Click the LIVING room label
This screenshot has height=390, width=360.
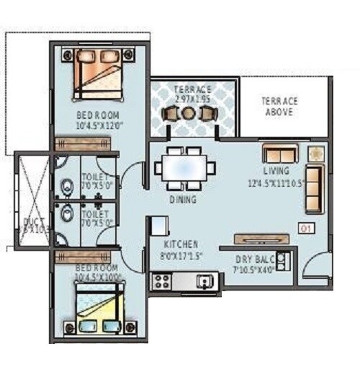click(x=276, y=172)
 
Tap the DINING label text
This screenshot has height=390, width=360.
click(x=184, y=199)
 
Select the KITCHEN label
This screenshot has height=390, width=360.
click(x=180, y=244)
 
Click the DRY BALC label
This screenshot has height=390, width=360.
click(x=253, y=260)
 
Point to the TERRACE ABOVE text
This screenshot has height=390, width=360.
click(x=279, y=107)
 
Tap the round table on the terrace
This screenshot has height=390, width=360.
click(x=188, y=112)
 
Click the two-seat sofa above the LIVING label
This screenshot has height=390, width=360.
click(x=280, y=154)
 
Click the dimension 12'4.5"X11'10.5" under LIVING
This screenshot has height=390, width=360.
click(x=276, y=182)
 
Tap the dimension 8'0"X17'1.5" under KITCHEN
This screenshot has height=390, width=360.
click(x=180, y=254)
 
